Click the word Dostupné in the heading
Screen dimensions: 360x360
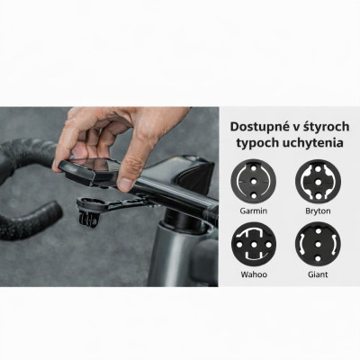point(256,127)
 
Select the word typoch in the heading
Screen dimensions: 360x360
point(257,143)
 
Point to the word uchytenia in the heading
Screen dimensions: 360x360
point(313,142)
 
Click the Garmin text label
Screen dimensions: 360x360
point(254,211)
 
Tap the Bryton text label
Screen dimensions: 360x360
point(318,211)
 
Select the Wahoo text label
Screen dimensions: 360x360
point(254,274)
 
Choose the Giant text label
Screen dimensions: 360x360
point(318,274)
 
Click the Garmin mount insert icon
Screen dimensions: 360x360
point(254,181)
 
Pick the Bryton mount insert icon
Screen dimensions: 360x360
point(318,181)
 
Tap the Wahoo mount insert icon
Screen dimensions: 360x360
point(254,245)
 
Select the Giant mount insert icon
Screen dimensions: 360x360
point(318,245)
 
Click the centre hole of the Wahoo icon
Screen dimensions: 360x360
point(254,245)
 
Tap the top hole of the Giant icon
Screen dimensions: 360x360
point(318,230)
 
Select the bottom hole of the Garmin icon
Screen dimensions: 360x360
point(254,195)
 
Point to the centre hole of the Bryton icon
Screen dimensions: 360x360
point(318,182)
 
